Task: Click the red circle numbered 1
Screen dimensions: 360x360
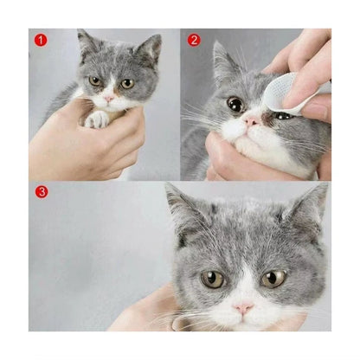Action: [41, 41]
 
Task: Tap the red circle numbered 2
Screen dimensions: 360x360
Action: [194, 41]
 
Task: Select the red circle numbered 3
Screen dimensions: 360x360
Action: [42, 191]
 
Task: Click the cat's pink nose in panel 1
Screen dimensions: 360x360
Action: [109, 99]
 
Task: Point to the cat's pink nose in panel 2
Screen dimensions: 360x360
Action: [251, 121]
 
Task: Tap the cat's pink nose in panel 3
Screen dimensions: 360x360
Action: [243, 308]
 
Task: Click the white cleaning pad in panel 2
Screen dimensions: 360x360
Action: [281, 93]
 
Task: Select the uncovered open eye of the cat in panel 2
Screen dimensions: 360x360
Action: [235, 104]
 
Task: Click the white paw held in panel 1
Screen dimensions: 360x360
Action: [97, 119]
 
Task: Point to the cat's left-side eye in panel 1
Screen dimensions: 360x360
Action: [94, 81]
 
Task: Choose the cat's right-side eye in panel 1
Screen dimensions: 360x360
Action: [127, 84]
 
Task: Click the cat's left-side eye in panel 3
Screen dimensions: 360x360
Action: [213, 280]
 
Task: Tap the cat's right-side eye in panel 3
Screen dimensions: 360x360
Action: [273, 279]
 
